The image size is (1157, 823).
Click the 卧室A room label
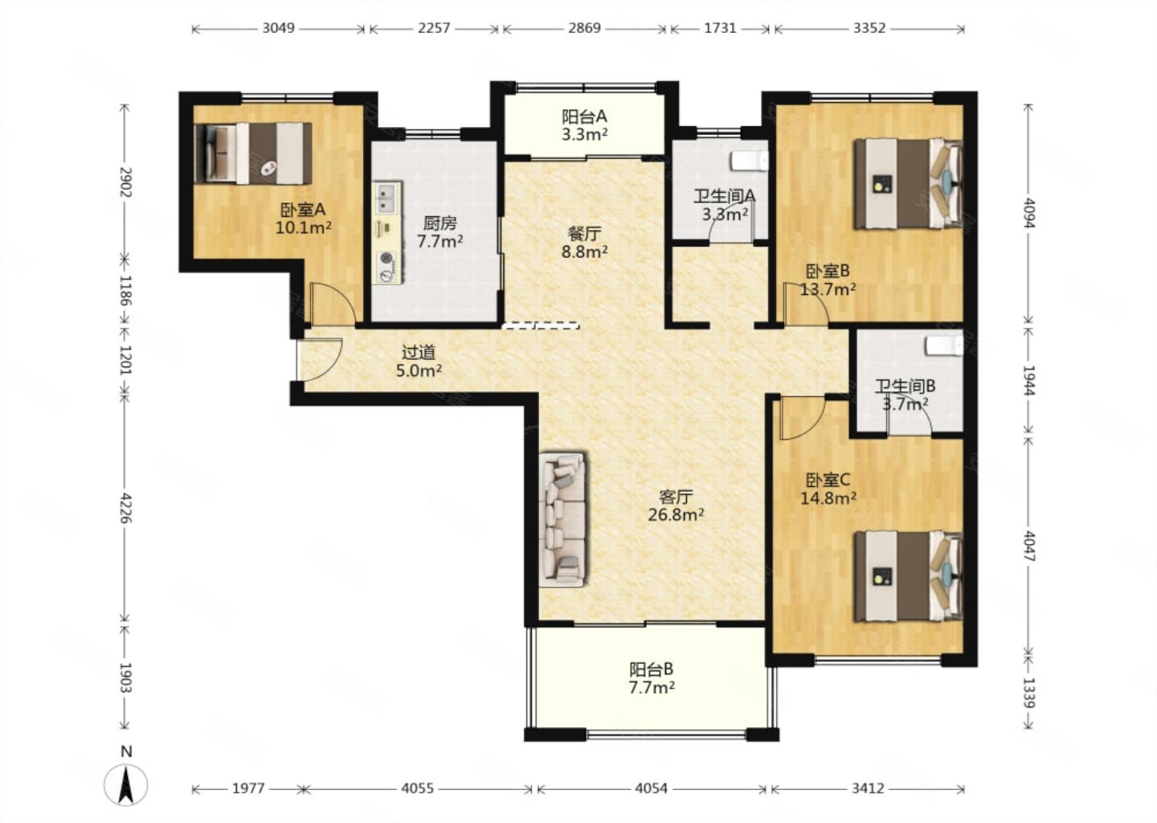pyautogui.click(x=303, y=210)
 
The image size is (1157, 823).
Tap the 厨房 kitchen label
pyautogui.click(x=440, y=223)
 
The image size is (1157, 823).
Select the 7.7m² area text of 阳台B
pyautogui.click(x=652, y=688)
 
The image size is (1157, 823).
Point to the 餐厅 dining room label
pyautogui.click(x=584, y=234)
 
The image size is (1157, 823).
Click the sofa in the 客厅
pyautogui.click(x=562, y=520)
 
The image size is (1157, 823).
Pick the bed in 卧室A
pyautogui.click(x=253, y=154)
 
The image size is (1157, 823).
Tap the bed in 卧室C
pyautogui.click(x=909, y=576)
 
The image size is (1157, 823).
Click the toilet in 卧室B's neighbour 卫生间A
pyautogui.click(x=750, y=161)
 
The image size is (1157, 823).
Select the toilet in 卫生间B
pyautogui.click(x=945, y=346)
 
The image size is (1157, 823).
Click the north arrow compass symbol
pyautogui.click(x=125, y=784)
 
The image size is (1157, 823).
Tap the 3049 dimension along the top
pyautogui.click(x=278, y=28)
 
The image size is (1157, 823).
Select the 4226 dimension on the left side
pyautogui.click(x=125, y=508)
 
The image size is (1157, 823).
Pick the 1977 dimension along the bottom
pyautogui.click(x=248, y=788)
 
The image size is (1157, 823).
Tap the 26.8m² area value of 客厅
pyautogui.click(x=677, y=514)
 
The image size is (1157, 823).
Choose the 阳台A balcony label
pyautogui.click(x=584, y=117)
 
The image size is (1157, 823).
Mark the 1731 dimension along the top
pyautogui.click(x=720, y=28)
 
